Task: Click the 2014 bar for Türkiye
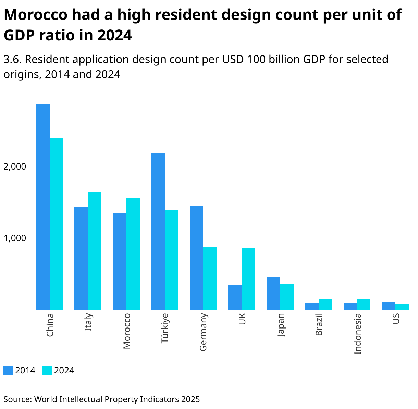(x=158, y=231)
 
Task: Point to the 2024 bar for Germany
(x=210, y=278)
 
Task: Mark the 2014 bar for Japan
(x=273, y=293)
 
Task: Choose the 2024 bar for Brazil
(x=325, y=305)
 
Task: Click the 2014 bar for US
(x=389, y=306)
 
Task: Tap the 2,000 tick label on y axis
(x=14, y=166)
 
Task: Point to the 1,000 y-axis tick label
(x=14, y=238)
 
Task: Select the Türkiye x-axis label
(x=165, y=328)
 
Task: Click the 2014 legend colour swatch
(x=8, y=371)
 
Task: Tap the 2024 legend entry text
(x=64, y=371)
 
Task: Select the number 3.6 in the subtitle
(x=12, y=60)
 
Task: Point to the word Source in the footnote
(x=17, y=399)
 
